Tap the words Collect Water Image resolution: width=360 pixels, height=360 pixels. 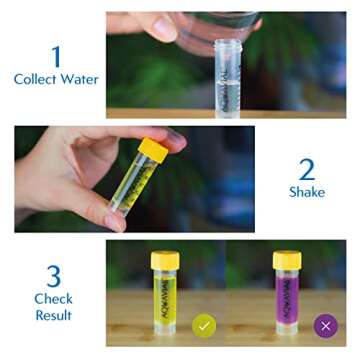pyautogui.click(x=56, y=80)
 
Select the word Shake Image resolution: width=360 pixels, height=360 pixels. pyautogui.click(x=307, y=192)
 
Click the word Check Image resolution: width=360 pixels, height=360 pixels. pyautogui.click(x=53, y=298)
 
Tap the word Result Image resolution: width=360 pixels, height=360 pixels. pyautogui.click(x=53, y=315)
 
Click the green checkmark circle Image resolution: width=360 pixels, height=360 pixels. pyautogui.click(x=204, y=326)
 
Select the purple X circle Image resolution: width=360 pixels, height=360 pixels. pyautogui.click(x=323, y=325)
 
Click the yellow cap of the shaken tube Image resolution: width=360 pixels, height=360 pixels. pyautogui.click(x=153, y=150)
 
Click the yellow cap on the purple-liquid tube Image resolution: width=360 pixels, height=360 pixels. pyautogui.click(x=287, y=259)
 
